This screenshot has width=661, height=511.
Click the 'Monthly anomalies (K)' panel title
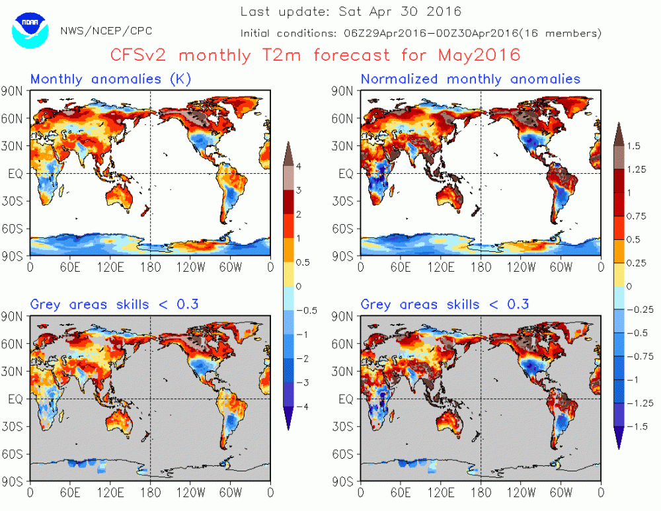click(x=111, y=79)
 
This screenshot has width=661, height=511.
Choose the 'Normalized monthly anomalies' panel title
click(x=470, y=79)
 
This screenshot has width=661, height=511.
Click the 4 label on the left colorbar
click(x=299, y=167)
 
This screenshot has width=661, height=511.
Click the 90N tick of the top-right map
click(x=346, y=91)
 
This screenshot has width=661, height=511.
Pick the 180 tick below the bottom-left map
click(x=150, y=492)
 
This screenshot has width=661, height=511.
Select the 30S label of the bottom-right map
click(x=346, y=426)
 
